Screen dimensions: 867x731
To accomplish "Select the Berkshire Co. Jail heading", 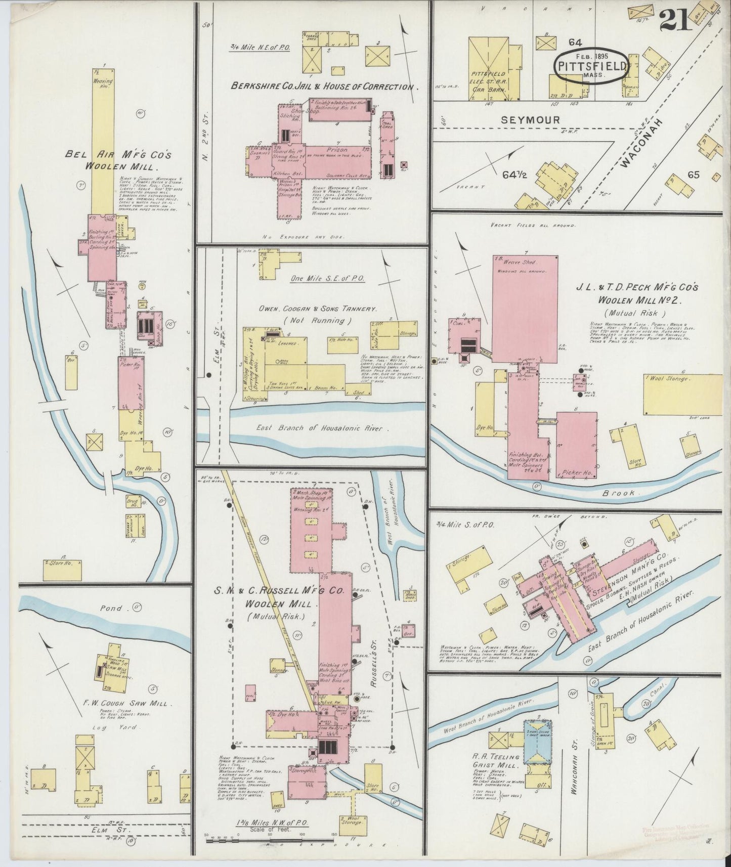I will click(x=322, y=86).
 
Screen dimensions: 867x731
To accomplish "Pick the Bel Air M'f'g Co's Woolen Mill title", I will click(x=119, y=160).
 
